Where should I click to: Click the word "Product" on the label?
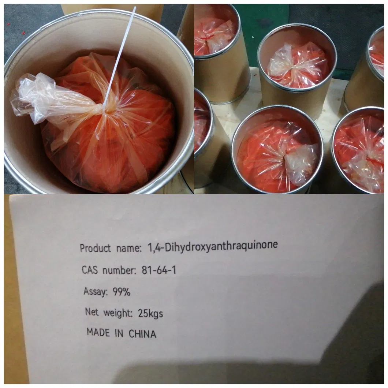coord(95,248)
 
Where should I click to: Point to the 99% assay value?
coord(122,292)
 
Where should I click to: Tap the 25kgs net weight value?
coord(150,314)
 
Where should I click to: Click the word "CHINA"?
coord(142,334)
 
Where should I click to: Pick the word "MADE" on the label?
coord(98,332)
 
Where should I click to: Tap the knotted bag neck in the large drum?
coord(105,109)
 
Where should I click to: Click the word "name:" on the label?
coord(129,248)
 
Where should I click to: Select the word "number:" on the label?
coord(120,270)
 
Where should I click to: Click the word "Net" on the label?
coord(92,312)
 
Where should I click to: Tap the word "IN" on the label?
coord(119,333)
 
